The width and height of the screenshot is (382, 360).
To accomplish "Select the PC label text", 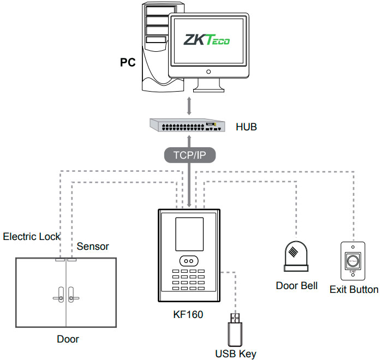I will coord(128,62).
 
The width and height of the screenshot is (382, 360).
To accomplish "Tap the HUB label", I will coord(246,127).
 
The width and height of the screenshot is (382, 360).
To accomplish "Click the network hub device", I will coord(189,126).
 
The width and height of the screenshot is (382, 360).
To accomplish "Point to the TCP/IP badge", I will coord(189,155).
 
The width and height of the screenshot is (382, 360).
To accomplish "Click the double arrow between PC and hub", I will coord(189,105).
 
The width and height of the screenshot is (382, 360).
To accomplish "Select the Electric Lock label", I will coord(32,237).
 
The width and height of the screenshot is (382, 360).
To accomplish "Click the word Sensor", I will coord(93,247).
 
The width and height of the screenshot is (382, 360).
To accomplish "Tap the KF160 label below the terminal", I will coord(188,314).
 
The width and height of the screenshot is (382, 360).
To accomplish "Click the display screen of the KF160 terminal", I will coord(188,233).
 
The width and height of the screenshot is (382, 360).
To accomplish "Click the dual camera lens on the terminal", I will coord(189,261).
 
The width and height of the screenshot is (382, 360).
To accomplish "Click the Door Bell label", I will coord(297,285).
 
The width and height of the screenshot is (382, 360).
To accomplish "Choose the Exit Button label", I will coord(354,289).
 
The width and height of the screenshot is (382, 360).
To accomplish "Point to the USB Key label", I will coord(236,353).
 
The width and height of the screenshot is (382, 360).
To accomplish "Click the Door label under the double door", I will coord(68,339).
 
